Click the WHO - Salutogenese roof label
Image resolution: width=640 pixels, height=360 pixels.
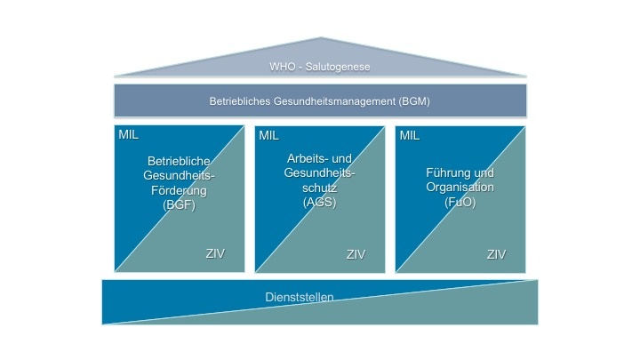[x=320, y=67]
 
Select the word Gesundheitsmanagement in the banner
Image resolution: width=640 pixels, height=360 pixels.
[x=332, y=101]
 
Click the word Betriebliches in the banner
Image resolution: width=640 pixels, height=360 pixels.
[x=242, y=101]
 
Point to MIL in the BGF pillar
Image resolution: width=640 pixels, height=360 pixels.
[x=129, y=135]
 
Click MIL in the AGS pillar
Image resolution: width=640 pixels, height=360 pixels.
[x=268, y=135]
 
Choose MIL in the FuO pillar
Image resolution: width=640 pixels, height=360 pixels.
[x=410, y=135]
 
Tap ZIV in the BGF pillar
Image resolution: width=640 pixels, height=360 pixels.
[x=215, y=254]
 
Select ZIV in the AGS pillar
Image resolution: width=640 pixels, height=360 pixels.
[x=356, y=254]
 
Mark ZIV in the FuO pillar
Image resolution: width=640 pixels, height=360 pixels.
[x=496, y=254]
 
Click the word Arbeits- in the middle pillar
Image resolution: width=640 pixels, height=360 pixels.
[x=303, y=158]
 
